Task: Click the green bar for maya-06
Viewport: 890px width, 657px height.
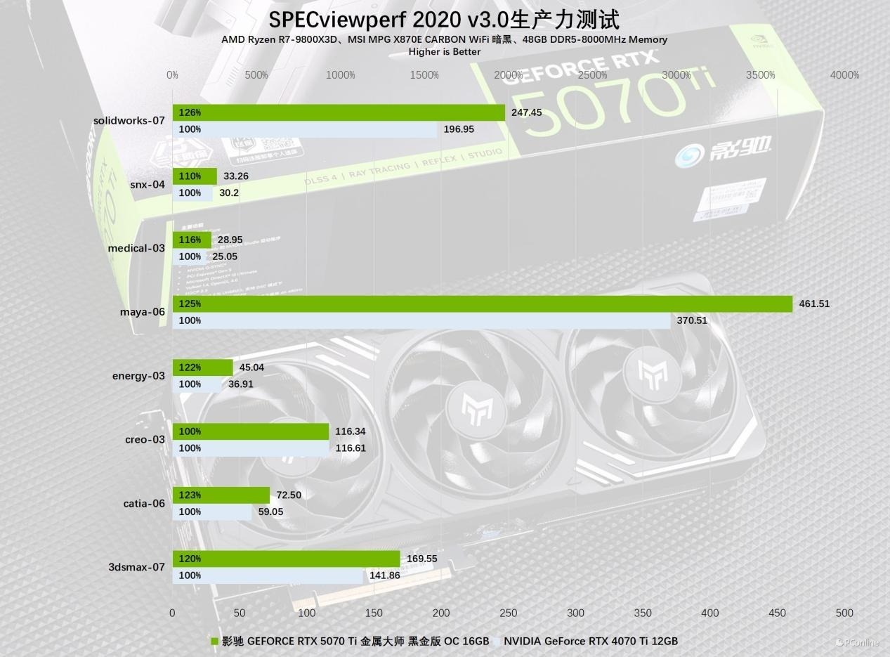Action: (x=482, y=304)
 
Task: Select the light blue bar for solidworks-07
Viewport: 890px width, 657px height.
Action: (x=305, y=129)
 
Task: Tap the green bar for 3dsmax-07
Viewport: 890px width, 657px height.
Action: (x=286, y=559)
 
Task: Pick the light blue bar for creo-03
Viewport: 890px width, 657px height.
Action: (x=250, y=448)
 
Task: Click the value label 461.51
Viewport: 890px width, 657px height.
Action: (x=814, y=304)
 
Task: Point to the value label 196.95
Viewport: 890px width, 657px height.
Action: (x=459, y=129)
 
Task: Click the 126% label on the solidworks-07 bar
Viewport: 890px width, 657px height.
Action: (x=190, y=112)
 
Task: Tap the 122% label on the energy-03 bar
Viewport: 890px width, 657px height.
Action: (x=190, y=367)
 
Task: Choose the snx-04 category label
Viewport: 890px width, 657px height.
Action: (x=148, y=184)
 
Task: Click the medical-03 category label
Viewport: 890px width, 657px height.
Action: (x=136, y=248)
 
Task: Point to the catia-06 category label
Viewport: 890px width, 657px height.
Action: (x=144, y=503)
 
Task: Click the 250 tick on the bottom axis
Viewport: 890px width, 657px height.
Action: (x=508, y=613)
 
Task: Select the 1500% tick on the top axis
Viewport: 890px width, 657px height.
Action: (x=424, y=75)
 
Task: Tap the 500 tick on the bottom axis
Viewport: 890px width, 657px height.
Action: (x=844, y=613)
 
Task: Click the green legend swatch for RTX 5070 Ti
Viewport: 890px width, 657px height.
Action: (x=215, y=641)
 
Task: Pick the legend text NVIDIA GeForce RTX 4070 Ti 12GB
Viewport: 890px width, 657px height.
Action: (x=590, y=641)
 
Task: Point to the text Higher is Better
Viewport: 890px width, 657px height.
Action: (x=445, y=51)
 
